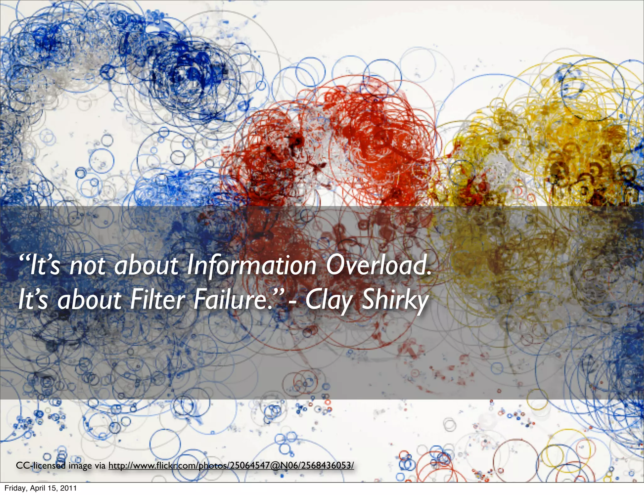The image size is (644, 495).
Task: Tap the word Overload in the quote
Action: (378, 266)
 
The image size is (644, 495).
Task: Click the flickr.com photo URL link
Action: (231, 465)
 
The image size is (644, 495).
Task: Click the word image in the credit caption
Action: (80, 465)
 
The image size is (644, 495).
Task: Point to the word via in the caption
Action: (100, 465)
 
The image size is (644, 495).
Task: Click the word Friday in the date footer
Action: (14, 488)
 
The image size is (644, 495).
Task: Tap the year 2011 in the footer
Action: (69, 488)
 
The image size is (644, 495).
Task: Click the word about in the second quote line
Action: (90, 300)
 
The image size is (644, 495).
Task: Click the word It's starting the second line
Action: (33, 300)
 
